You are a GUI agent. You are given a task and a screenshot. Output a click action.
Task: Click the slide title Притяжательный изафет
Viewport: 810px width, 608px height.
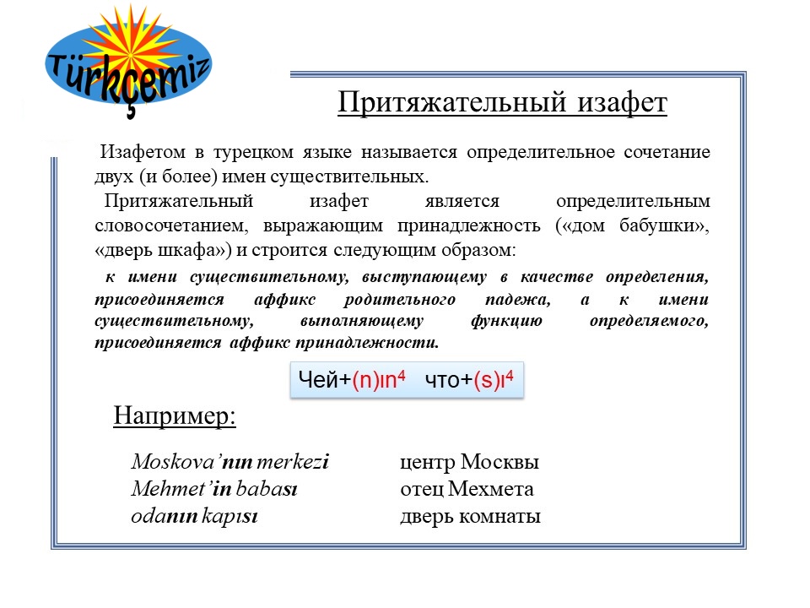tap(502, 103)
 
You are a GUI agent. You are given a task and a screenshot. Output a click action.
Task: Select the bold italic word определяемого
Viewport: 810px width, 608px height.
tap(657, 322)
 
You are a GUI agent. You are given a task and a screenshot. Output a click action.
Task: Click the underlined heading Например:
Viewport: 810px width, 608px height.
tap(175, 416)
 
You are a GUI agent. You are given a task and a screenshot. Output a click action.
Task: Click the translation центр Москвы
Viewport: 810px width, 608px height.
tap(469, 463)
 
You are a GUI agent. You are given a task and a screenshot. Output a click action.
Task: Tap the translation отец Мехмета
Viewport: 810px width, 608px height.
tap(467, 490)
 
